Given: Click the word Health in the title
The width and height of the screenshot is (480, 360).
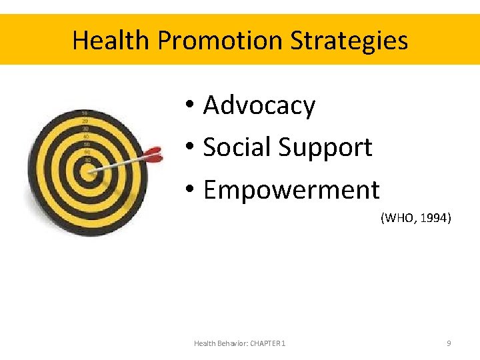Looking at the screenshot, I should point(111,41).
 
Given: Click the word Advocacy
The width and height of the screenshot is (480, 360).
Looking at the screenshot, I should point(259,105).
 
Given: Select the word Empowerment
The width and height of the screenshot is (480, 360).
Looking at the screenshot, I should point(291,190).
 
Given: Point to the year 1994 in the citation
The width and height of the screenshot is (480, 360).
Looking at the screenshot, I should point(437,217).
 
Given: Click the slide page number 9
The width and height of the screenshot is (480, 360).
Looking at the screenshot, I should point(449,343).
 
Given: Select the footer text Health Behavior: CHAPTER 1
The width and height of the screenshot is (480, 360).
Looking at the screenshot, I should point(239,343).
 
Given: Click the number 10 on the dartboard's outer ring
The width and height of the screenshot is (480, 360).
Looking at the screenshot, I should point(85,113).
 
